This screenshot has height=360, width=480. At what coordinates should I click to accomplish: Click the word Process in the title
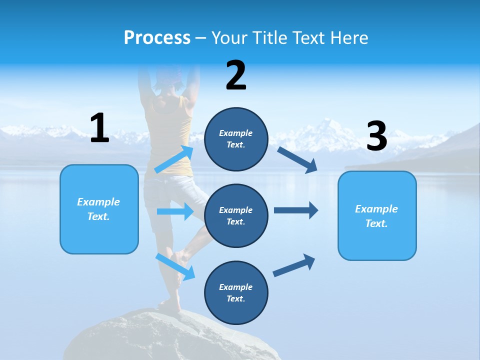157,38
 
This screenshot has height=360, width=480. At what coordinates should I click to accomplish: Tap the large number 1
99,128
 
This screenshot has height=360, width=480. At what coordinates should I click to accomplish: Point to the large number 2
236,75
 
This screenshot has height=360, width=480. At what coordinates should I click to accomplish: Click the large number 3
376,136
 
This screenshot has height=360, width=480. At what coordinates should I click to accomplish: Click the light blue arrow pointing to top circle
174,159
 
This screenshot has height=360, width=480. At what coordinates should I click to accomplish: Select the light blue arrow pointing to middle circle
175,211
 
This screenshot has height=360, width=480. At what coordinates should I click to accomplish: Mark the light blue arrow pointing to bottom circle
175,266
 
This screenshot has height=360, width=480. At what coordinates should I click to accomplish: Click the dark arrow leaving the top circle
297,159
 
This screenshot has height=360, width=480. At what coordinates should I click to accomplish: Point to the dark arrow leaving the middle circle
296,210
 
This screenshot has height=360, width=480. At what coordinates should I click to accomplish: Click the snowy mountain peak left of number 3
327,127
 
